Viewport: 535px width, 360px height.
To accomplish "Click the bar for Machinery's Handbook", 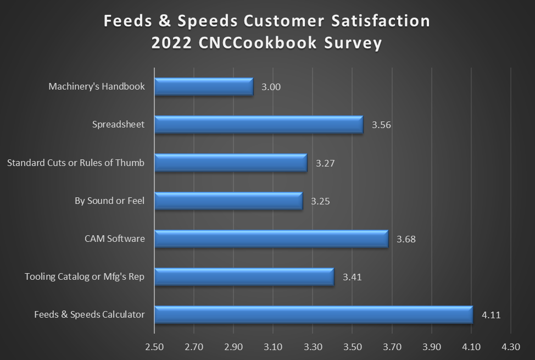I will click(204, 87).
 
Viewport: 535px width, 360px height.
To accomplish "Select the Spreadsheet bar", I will click(259, 125).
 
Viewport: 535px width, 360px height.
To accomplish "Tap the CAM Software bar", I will click(271, 239).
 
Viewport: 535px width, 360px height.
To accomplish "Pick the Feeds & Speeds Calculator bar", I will click(314, 315).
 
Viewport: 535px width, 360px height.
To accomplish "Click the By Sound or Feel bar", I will click(229, 201).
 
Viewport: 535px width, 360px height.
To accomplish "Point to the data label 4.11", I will click(491, 315).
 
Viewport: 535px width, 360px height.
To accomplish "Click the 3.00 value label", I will click(271, 87).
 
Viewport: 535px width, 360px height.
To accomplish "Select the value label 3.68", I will click(406, 240).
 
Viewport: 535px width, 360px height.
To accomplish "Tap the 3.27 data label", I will click(325, 163).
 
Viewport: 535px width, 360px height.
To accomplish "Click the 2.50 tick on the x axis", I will click(154, 347).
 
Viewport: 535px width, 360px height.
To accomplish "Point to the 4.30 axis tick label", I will click(511, 347).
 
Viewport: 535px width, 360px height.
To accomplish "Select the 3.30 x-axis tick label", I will click(313, 347).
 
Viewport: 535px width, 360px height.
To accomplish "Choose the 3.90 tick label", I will click(432, 347).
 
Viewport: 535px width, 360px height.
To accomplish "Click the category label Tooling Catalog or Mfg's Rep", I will click(85, 276).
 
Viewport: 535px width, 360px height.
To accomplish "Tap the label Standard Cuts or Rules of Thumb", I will click(76, 163).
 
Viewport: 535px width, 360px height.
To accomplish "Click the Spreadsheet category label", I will click(118, 124).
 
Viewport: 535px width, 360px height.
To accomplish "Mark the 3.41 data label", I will click(352, 278).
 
